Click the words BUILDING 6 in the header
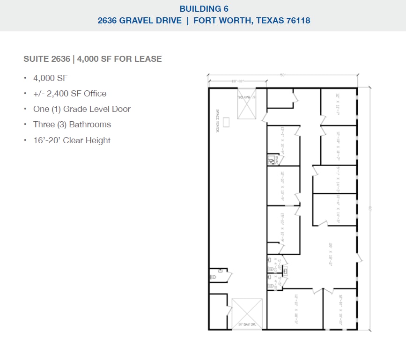click(x=203, y=8)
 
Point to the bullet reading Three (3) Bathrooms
click(x=72, y=125)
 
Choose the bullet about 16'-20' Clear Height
click(x=72, y=140)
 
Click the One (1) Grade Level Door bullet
click(x=81, y=109)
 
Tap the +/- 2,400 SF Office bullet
click(x=69, y=94)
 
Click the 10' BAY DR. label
click(x=246, y=324)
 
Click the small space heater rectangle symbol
click(x=227, y=122)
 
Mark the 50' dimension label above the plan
click(x=283, y=75)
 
